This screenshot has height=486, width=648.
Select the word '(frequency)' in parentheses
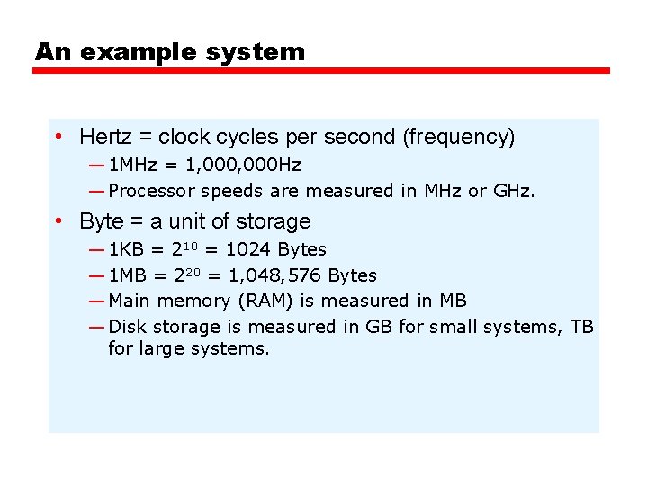click(x=458, y=137)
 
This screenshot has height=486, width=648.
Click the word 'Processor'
click(x=150, y=191)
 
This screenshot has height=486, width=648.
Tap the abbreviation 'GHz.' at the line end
click(x=514, y=191)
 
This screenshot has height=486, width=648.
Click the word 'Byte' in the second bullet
click(x=101, y=221)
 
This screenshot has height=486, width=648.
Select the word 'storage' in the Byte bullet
click(x=274, y=221)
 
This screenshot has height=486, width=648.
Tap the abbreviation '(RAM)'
click(x=265, y=301)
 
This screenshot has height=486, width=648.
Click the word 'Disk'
click(x=126, y=327)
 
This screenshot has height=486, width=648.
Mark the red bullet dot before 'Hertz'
click(x=57, y=137)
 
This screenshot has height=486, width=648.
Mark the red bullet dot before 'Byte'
click(x=57, y=221)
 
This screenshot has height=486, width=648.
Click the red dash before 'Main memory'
click(x=96, y=301)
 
